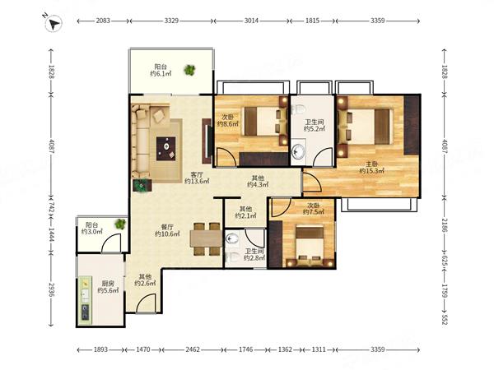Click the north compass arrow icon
click(x=54, y=23)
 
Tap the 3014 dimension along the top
click(x=251, y=21)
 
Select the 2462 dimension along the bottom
click(x=193, y=349)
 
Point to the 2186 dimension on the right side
click(x=445, y=225)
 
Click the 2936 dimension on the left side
click(x=52, y=289)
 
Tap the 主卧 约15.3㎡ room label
click(x=372, y=168)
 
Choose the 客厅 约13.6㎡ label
click(x=197, y=178)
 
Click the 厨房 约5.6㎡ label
click(x=108, y=287)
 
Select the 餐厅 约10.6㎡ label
click(x=167, y=230)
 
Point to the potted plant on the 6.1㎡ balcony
click(x=189, y=70)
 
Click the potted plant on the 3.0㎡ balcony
click(x=120, y=224)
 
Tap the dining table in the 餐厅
click(x=206, y=238)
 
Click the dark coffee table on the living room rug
click(x=166, y=149)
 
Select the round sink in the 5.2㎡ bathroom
click(x=298, y=151)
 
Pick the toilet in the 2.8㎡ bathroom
click(x=231, y=257)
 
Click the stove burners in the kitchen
click(x=86, y=312)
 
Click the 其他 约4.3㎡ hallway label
click(x=258, y=181)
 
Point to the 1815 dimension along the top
click(x=312, y=21)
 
